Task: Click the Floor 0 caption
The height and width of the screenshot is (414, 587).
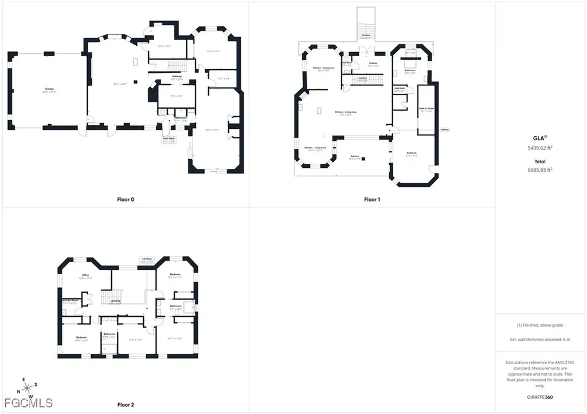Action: tap(124, 200)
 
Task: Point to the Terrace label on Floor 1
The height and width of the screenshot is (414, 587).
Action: tap(366, 37)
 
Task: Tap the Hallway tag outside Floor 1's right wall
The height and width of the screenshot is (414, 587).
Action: tap(445, 130)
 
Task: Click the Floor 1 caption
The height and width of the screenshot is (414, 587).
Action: tap(371, 200)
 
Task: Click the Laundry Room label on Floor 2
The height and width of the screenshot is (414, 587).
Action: tap(71, 300)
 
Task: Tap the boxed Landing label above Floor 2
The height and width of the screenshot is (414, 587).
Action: tap(147, 260)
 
